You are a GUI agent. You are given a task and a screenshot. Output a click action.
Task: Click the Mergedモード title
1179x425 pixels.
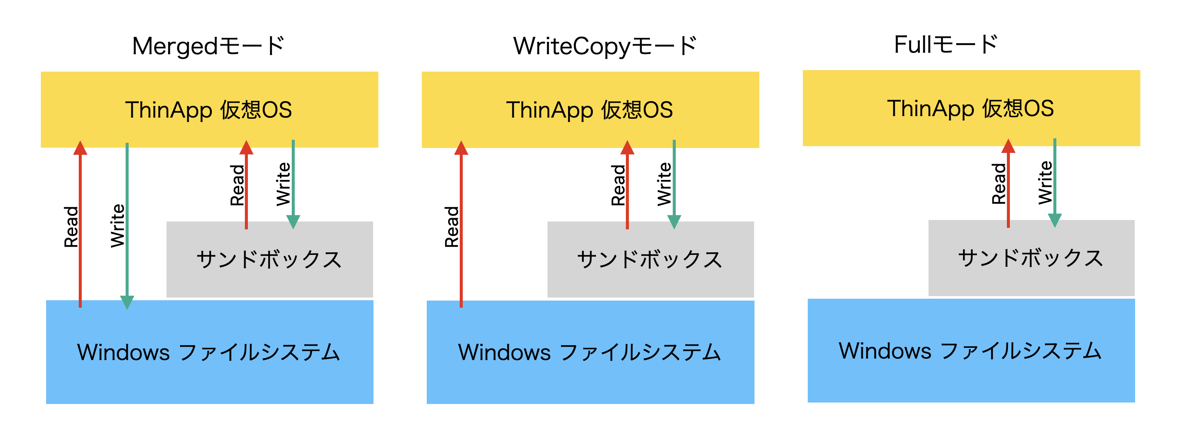[208, 46]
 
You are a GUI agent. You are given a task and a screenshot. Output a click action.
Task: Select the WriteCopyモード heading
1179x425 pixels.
[604, 46]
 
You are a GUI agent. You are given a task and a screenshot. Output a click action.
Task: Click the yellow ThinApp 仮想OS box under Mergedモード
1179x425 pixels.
[209, 109]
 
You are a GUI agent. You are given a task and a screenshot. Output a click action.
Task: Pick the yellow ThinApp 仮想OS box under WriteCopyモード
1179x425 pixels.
[590, 109]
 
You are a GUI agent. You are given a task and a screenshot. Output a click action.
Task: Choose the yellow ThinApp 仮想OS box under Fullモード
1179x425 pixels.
[971, 108]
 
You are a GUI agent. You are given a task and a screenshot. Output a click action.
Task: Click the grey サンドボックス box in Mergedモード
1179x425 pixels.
[269, 259]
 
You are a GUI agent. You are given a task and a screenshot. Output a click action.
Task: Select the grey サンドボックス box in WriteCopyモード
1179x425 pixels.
[650, 259]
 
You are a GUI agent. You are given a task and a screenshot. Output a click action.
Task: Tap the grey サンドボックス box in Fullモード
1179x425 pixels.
[1031, 258]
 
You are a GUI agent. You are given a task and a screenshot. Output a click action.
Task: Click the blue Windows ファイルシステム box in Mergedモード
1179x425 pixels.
[209, 352]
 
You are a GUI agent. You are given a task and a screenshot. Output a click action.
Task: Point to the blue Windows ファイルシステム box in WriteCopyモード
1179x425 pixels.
[590, 352]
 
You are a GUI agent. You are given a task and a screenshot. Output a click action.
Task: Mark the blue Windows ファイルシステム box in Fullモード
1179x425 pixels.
[971, 350]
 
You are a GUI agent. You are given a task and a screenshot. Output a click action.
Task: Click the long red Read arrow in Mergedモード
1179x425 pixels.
[80, 224]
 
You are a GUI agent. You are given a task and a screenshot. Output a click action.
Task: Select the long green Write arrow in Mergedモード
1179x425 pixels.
[127, 224]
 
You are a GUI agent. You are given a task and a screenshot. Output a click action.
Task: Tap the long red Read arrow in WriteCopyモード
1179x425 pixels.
[461, 224]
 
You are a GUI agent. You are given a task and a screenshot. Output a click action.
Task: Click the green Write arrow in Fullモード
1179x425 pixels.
[1054, 183]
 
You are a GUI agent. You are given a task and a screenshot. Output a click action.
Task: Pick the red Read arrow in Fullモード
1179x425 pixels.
[1008, 183]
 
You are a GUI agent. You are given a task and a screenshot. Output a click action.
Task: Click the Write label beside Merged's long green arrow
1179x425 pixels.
[117, 226]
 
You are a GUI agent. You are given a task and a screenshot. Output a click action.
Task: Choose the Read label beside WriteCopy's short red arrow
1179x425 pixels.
[618, 185]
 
